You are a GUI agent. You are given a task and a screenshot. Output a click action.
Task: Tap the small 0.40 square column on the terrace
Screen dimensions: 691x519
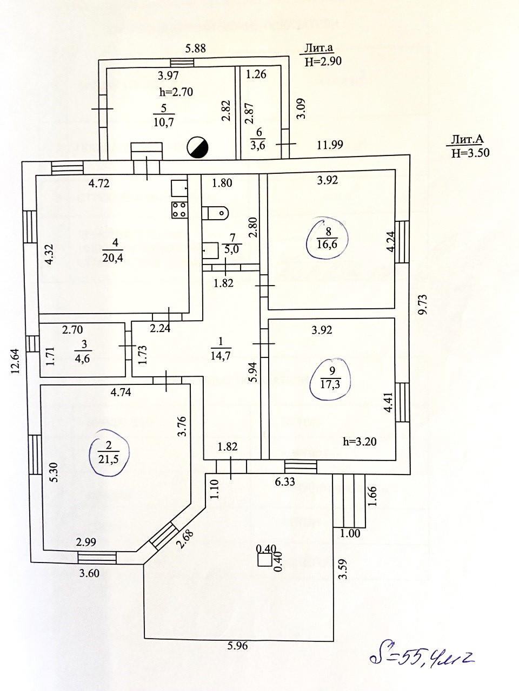264,559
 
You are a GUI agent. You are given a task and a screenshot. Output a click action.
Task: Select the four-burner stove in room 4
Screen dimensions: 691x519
179,210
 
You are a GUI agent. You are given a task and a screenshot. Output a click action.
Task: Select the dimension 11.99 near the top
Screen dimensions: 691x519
330,144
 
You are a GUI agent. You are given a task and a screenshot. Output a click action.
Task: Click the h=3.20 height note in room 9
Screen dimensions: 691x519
360,441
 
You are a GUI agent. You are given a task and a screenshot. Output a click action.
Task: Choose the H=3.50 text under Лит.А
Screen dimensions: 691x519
470,153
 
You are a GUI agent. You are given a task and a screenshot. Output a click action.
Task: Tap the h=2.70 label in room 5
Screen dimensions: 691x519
176,92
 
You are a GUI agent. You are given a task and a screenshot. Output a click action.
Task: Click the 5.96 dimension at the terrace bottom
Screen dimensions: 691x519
237,646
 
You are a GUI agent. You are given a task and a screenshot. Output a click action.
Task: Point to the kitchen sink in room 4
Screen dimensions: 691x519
179,188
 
